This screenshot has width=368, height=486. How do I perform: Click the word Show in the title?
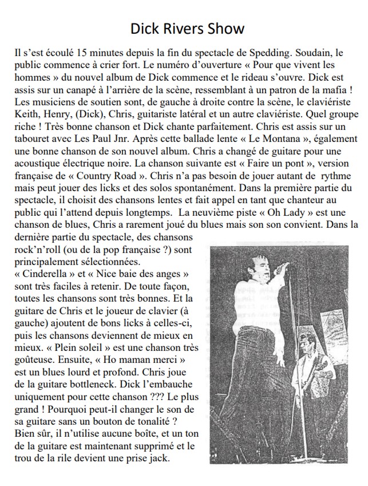[224, 28]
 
